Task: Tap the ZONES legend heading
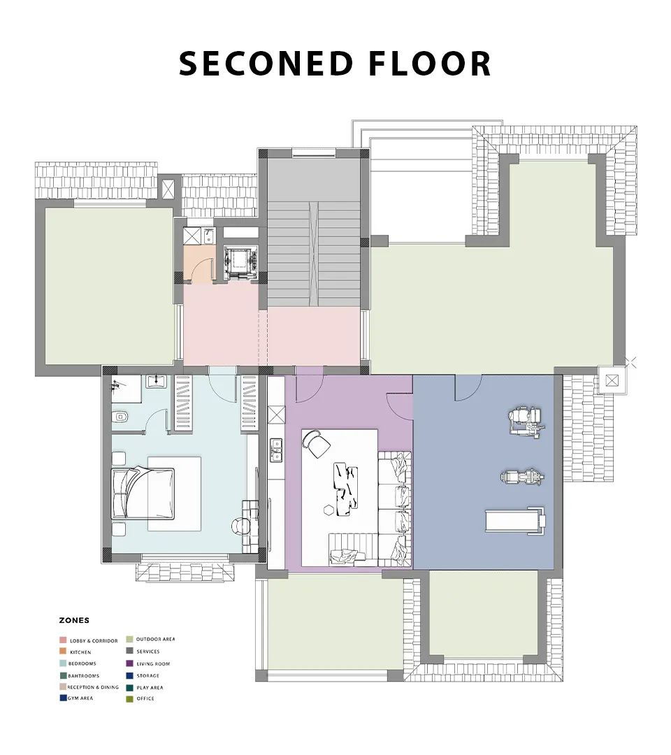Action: click(74, 620)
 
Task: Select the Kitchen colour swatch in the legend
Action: click(63, 652)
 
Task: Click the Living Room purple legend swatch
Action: click(129, 663)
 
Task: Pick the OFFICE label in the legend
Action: click(145, 698)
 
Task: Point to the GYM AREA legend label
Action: click(80, 698)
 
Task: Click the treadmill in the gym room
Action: click(516, 520)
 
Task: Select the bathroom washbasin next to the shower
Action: click(157, 382)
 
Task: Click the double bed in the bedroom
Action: click(143, 493)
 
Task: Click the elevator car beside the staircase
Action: click(240, 262)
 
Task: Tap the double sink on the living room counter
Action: click(276, 450)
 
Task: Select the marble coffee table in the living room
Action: click(346, 489)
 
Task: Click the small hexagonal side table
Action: click(329, 510)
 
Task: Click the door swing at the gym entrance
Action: click(468, 388)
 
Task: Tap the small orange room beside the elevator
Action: click(199, 264)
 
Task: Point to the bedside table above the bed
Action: click(118, 457)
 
